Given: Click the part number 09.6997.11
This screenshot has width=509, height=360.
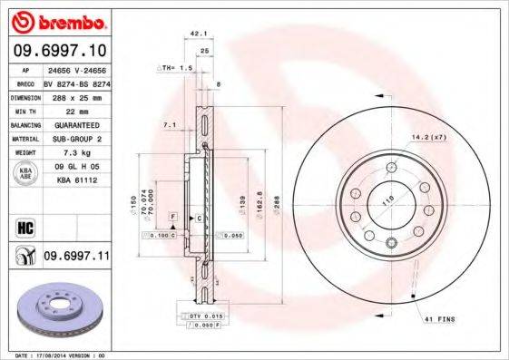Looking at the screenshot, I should (x=75, y=258).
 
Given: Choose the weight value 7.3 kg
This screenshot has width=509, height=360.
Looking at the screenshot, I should (x=73, y=152).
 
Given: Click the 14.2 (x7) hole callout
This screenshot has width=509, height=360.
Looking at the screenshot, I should (x=428, y=139).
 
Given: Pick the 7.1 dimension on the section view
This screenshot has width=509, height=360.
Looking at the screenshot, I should (x=168, y=123).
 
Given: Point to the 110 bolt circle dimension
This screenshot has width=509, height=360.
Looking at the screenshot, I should (x=387, y=200).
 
